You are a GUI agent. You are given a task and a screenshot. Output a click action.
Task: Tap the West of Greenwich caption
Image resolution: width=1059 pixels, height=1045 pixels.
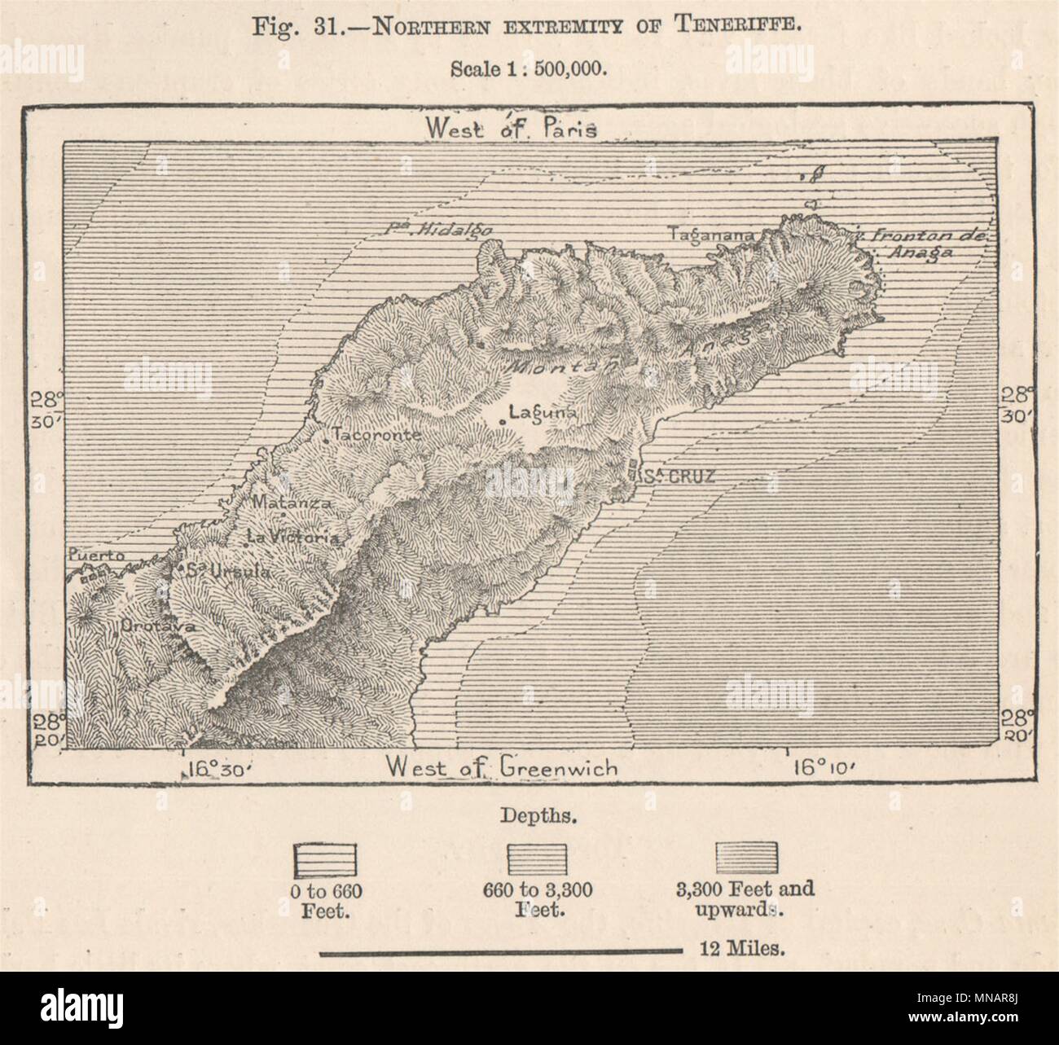[x=502, y=766]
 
